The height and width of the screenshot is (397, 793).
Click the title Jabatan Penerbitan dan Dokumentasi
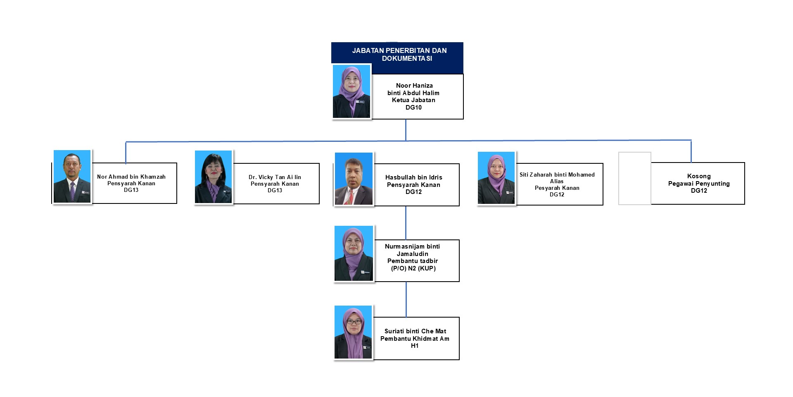(399, 55)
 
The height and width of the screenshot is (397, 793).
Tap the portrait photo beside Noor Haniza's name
(351, 91)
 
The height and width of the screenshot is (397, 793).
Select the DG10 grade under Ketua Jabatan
(413, 108)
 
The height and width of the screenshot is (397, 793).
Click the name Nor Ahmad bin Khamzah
(131, 177)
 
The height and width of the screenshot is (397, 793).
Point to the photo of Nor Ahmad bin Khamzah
(72, 177)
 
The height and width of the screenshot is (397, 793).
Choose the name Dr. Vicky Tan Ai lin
(275, 177)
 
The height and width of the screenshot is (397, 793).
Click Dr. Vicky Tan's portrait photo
(214, 177)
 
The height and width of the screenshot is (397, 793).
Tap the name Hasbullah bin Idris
(413, 177)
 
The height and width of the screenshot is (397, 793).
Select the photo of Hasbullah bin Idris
(354, 179)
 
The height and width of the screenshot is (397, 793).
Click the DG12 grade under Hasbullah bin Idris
(413, 192)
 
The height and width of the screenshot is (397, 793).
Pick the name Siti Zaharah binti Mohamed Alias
(557, 178)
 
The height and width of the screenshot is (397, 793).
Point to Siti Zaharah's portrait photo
(496, 178)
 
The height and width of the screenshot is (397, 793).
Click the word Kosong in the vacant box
(699, 176)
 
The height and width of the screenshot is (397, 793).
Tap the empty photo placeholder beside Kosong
(635, 178)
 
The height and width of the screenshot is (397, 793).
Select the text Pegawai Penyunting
(699, 184)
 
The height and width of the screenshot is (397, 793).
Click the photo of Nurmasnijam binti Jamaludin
(354, 254)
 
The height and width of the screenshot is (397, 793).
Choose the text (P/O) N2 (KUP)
(413, 268)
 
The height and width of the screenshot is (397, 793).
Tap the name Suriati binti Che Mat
(415, 331)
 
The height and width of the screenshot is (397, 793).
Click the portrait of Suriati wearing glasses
(354, 332)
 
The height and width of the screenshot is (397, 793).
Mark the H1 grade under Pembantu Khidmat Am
(415, 346)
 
